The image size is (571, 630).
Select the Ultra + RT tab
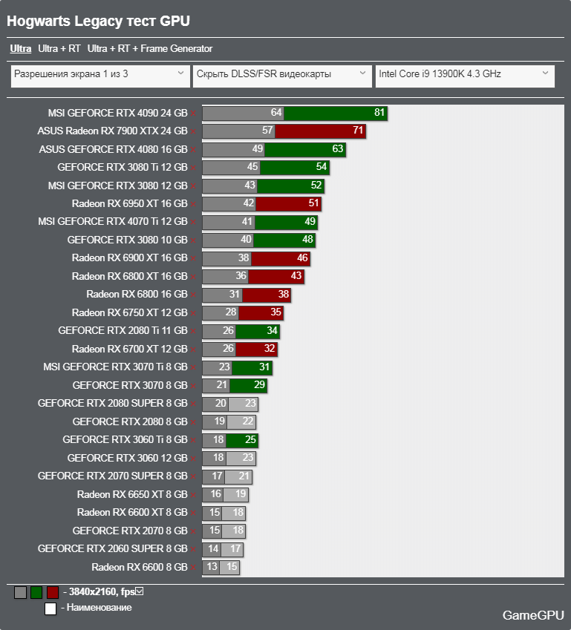(59, 49)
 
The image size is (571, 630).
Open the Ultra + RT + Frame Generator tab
(149, 49)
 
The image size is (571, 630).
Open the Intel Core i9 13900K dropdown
(465, 74)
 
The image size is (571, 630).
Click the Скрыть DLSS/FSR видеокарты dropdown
(281, 74)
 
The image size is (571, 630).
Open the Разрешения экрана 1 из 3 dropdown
(99, 74)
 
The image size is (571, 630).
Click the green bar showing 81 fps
(336, 113)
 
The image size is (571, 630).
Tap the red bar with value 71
(320, 131)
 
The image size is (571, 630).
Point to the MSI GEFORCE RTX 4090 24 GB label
(117, 113)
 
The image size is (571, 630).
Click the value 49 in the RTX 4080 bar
(258, 149)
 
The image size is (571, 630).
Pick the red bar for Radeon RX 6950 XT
(288, 203)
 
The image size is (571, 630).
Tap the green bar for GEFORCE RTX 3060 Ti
(242, 440)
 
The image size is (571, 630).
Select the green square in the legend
(36, 592)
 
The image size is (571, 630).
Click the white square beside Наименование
(50, 608)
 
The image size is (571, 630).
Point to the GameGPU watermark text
(532, 614)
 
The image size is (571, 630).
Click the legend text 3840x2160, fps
(100, 591)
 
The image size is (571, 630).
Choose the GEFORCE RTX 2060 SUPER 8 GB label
(113, 549)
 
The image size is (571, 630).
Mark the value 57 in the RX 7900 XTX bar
(268, 131)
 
